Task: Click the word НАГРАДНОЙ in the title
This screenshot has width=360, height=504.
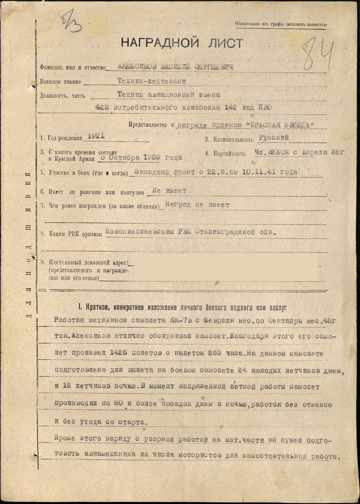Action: (155, 43)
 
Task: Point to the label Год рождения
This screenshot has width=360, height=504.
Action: (63, 139)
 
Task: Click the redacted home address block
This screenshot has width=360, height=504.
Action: (223, 268)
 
